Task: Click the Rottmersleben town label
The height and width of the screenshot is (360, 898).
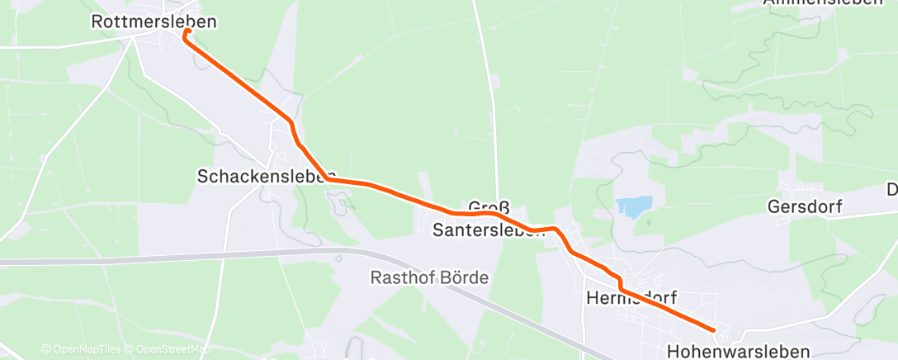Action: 154,22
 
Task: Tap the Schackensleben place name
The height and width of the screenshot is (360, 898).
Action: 263,176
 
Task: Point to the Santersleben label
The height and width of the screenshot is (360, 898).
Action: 489,230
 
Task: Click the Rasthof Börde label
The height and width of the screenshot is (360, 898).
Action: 428,277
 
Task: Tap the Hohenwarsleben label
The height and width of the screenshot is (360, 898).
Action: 738,351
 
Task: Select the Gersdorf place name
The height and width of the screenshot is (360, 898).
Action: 804,206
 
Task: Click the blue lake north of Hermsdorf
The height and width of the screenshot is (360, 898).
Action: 632,206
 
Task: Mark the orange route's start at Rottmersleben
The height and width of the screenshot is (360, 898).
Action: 187,31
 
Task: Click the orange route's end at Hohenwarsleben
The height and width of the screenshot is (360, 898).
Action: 712,330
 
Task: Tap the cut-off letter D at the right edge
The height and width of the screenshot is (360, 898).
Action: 892,190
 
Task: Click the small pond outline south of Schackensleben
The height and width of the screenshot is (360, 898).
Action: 338,199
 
